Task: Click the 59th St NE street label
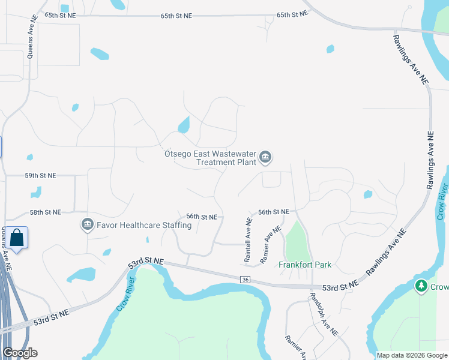pos(40,176)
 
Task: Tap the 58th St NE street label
pos(45,212)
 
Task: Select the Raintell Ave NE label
pos(248,239)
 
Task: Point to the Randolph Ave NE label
pos(324,314)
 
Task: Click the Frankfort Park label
pos(305,265)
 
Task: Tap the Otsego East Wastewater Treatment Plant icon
pos(266,158)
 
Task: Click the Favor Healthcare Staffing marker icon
pos(88,225)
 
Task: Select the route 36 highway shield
pos(245,279)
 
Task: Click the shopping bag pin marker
pos(17,238)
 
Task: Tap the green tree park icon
pos(421,286)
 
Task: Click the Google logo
pos(20,353)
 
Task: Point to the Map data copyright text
pos(411,355)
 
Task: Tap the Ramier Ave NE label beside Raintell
pos(271,245)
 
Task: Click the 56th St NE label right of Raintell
pos(274,212)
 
